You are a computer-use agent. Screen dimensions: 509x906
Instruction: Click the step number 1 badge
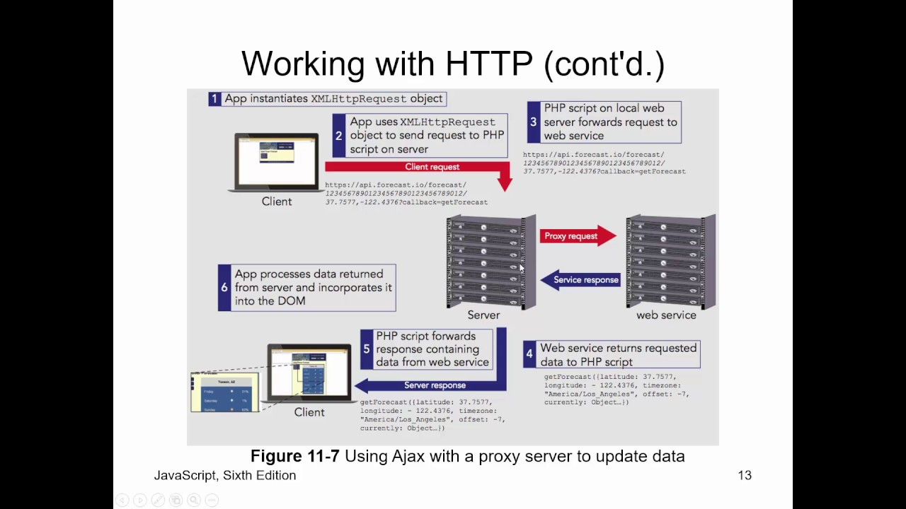[214, 99]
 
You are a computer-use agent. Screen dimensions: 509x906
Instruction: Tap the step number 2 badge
[339, 136]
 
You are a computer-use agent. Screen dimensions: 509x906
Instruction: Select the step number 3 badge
[534, 122]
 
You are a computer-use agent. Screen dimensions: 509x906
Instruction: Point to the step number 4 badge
[529, 355]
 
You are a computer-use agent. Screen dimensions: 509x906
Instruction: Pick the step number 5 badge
[367, 349]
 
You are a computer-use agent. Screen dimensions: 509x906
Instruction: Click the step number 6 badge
[224, 288]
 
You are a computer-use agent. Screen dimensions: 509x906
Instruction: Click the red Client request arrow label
[432, 167]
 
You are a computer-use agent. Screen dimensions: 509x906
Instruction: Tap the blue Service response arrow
[580, 280]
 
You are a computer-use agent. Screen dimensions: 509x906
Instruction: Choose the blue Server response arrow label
[434, 385]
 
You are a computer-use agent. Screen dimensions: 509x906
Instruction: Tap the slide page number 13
[745, 476]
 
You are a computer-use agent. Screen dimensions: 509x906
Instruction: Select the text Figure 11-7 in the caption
[294, 456]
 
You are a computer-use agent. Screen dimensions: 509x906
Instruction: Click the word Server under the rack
[483, 315]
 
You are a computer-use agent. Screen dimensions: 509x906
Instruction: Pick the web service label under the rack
[666, 315]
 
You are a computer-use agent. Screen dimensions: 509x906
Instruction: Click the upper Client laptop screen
[276, 160]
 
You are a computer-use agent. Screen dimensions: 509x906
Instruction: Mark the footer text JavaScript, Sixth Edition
[225, 476]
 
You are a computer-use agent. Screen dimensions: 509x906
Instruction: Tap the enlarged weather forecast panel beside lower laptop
[225, 393]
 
